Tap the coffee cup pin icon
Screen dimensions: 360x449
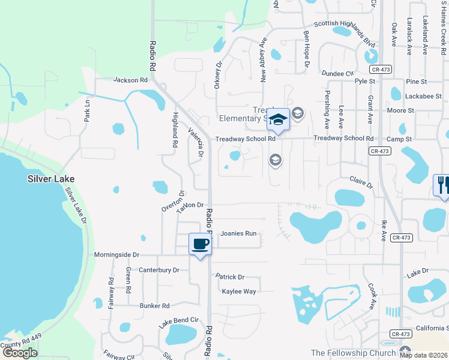point(200,244)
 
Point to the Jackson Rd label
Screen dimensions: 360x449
point(130,80)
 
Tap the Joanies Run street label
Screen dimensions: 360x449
point(238,233)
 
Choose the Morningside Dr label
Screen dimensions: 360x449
point(116,255)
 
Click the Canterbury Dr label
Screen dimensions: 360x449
point(159,271)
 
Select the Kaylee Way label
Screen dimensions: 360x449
point(239,292)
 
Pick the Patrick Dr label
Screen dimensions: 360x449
point(231,277)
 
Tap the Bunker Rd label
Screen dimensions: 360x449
point(155,305)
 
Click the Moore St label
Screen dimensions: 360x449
point(400,111)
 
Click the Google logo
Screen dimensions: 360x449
point(20,353)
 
